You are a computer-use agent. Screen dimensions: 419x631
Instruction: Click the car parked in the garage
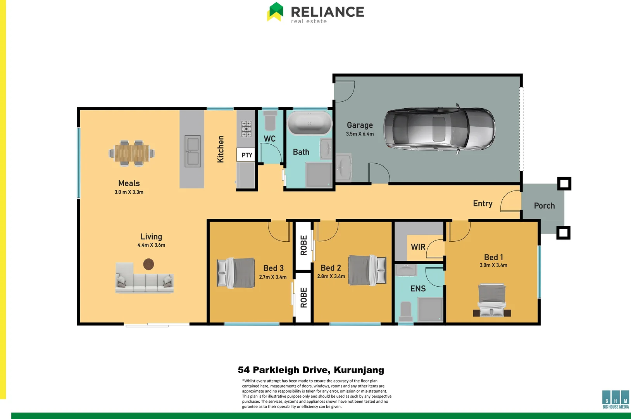(439, 129)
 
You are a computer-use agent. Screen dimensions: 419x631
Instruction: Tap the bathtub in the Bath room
(310, 123)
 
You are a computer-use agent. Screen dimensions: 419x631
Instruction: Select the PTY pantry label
(247, 155)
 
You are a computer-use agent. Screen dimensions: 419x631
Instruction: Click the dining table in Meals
(132, 153)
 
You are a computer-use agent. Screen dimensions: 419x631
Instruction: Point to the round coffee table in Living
(148, 264)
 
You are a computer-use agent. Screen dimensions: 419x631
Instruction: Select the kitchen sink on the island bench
(192, 151)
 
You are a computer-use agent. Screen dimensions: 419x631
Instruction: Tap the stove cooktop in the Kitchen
(246, 129)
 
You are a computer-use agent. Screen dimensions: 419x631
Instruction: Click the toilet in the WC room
(270, 121)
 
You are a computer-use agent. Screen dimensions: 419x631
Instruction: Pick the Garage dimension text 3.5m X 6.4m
(360, 134)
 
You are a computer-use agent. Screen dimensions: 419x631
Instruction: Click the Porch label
(544, 206)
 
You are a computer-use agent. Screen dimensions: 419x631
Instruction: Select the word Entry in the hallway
(483, 204)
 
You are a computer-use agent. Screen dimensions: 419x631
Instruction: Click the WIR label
(418, 247)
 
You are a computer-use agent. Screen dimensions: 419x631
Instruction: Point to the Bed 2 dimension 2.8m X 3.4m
(331, 276)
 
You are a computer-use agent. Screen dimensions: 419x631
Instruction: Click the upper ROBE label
(303, 245)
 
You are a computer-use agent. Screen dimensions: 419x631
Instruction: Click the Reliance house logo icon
(275, 12)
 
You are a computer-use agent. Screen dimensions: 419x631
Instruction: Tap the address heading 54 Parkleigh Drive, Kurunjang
(311, 370)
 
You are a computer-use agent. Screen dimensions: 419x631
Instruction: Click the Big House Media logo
(615, 399)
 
